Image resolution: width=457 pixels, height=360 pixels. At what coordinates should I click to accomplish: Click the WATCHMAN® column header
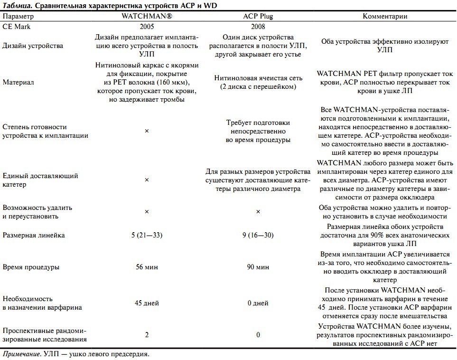[x=147, y=16]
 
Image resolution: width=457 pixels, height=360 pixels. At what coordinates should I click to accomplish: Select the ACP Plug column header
[x=258, y=16]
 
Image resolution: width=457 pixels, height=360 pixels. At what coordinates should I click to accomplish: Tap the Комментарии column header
[x=385, y=16]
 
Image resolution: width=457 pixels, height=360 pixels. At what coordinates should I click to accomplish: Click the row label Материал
[x=18, y=82]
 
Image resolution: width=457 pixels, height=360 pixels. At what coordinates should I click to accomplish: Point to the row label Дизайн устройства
[x=33, y=46]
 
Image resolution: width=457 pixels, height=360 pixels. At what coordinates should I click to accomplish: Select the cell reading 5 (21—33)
[x=147, y=235]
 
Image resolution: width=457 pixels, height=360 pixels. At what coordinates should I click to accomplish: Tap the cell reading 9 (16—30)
[x=258, y=235]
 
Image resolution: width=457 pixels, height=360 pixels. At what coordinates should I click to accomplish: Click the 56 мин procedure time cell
[x=147, y=267]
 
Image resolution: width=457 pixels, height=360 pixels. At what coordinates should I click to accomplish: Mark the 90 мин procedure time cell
[x=258, y=267]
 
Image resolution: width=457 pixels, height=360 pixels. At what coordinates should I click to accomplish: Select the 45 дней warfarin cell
[x=147, y=303]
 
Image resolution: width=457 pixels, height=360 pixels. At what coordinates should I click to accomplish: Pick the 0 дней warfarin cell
[x=258, y=303]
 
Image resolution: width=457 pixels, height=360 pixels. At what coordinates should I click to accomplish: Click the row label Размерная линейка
[x=34, y=235]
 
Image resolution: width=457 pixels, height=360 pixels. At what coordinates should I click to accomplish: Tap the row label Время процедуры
[x=31, y=267]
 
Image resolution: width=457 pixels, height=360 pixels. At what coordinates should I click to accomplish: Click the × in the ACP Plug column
[x=258, y=211]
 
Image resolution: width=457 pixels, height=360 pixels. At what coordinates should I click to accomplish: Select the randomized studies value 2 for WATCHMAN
[x=147, y=335]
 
